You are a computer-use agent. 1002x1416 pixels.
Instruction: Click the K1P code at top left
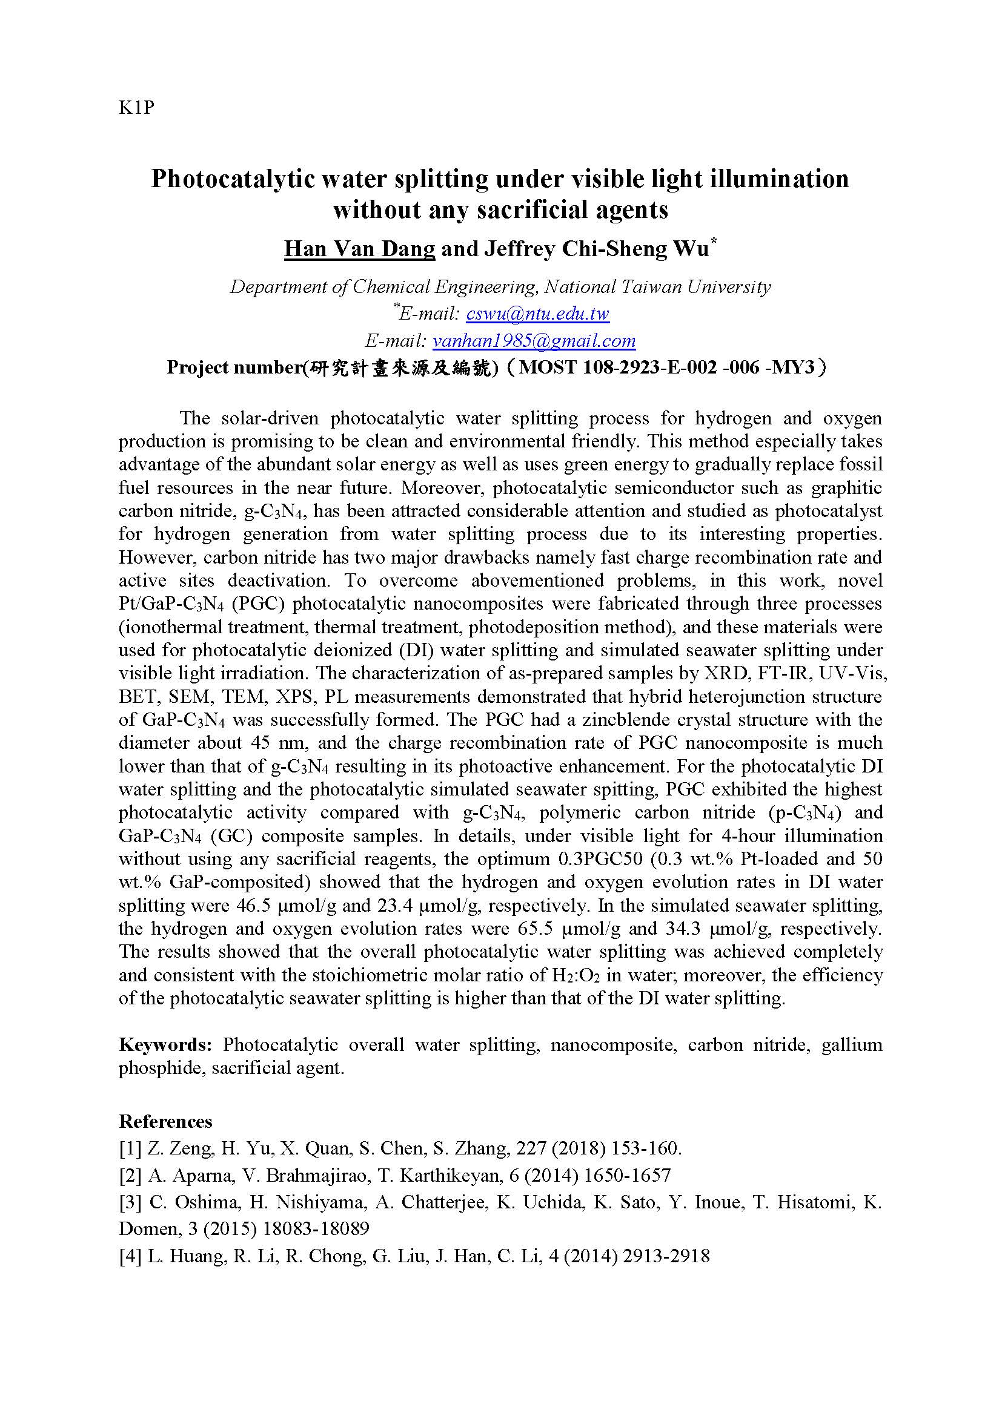click(x=136, y=108)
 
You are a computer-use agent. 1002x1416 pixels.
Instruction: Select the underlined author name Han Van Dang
click(x=359, y=249)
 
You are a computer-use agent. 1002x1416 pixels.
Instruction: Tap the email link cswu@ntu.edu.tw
click(x=537, y=314)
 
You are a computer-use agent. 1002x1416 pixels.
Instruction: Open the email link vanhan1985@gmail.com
click(x=534, y=340)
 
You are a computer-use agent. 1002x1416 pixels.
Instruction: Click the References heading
click(x=165, y=1121)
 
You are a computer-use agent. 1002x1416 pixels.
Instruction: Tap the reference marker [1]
click(x=130, y=1148)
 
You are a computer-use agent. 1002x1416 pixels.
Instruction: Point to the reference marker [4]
click(x=130, y=1256)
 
